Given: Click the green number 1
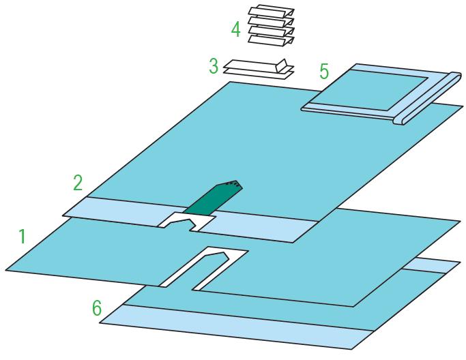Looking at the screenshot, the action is [22, 237].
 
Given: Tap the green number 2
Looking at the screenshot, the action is [78, 183].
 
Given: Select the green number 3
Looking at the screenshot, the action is [214, 65].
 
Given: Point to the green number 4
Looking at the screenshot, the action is [235, 29].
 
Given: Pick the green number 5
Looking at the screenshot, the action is [324, 72].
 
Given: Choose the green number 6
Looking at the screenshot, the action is [97, 307].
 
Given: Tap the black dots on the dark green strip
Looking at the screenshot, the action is [233, 184].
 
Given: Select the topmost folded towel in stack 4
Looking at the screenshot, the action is [271, 11].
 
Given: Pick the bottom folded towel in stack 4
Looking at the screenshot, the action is [271, 40].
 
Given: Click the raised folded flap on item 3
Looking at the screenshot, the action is [281, 65].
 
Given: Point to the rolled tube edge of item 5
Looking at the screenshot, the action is [428, 98].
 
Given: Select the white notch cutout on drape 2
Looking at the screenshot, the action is [188, 221].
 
